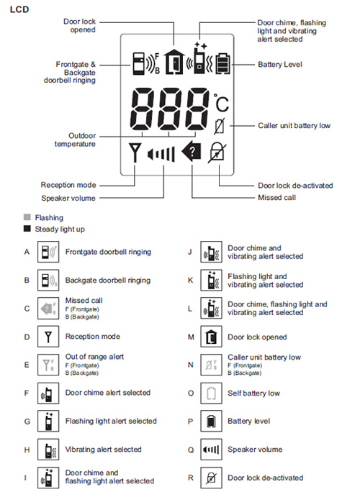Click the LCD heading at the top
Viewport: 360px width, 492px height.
click(19, 9)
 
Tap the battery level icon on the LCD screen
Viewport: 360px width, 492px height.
click(222, 63)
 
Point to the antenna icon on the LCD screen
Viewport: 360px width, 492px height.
click(135, 152)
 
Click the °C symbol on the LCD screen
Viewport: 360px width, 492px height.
click(222, 103)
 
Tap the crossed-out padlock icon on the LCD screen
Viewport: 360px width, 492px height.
click(217, 152)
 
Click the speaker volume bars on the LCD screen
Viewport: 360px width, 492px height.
click(161, 154)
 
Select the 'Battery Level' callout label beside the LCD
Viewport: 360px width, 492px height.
click(280, 64)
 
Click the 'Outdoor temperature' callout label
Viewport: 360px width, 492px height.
click(75, 140)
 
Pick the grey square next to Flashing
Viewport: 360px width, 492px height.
click(27, 217)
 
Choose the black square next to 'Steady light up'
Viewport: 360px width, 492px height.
click(27, 229)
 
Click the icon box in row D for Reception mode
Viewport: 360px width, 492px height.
click(48, 337)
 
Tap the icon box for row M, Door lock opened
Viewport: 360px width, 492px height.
click(211, 337)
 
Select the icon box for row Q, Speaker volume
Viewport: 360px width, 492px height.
click(211, 450)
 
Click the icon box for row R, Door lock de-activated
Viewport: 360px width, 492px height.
click(211, 478)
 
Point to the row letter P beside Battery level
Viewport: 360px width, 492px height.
click(190, 422)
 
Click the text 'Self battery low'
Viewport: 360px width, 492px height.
click(253, 393)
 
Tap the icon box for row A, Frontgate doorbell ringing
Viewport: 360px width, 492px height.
click(48, 252)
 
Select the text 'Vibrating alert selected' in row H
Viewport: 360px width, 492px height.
click(103, 450)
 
